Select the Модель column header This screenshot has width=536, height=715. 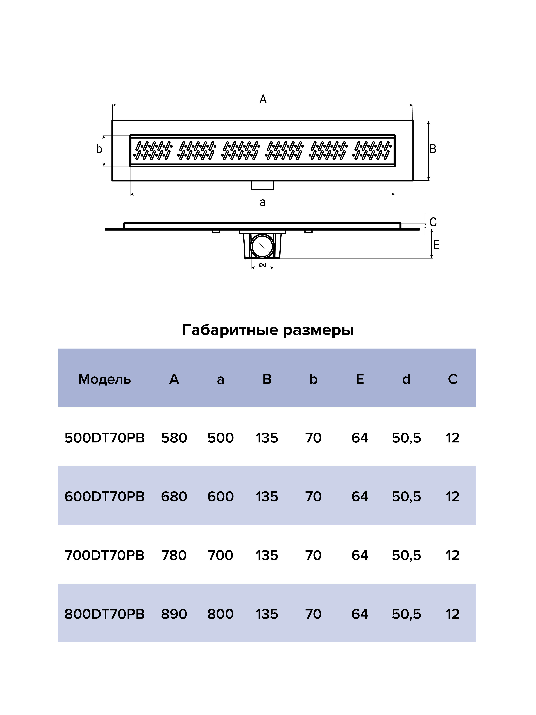point(104,379)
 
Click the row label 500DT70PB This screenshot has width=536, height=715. point(104,438)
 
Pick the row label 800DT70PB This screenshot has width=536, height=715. point(104,614)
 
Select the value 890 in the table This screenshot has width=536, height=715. point(174,614)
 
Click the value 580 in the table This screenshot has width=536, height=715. point(174,438)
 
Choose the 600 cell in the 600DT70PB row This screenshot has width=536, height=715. point(220,497)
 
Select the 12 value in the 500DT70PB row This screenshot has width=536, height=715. point(452,438)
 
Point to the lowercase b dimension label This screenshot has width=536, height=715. point(99,149)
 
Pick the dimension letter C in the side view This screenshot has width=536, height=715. point(433,222)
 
